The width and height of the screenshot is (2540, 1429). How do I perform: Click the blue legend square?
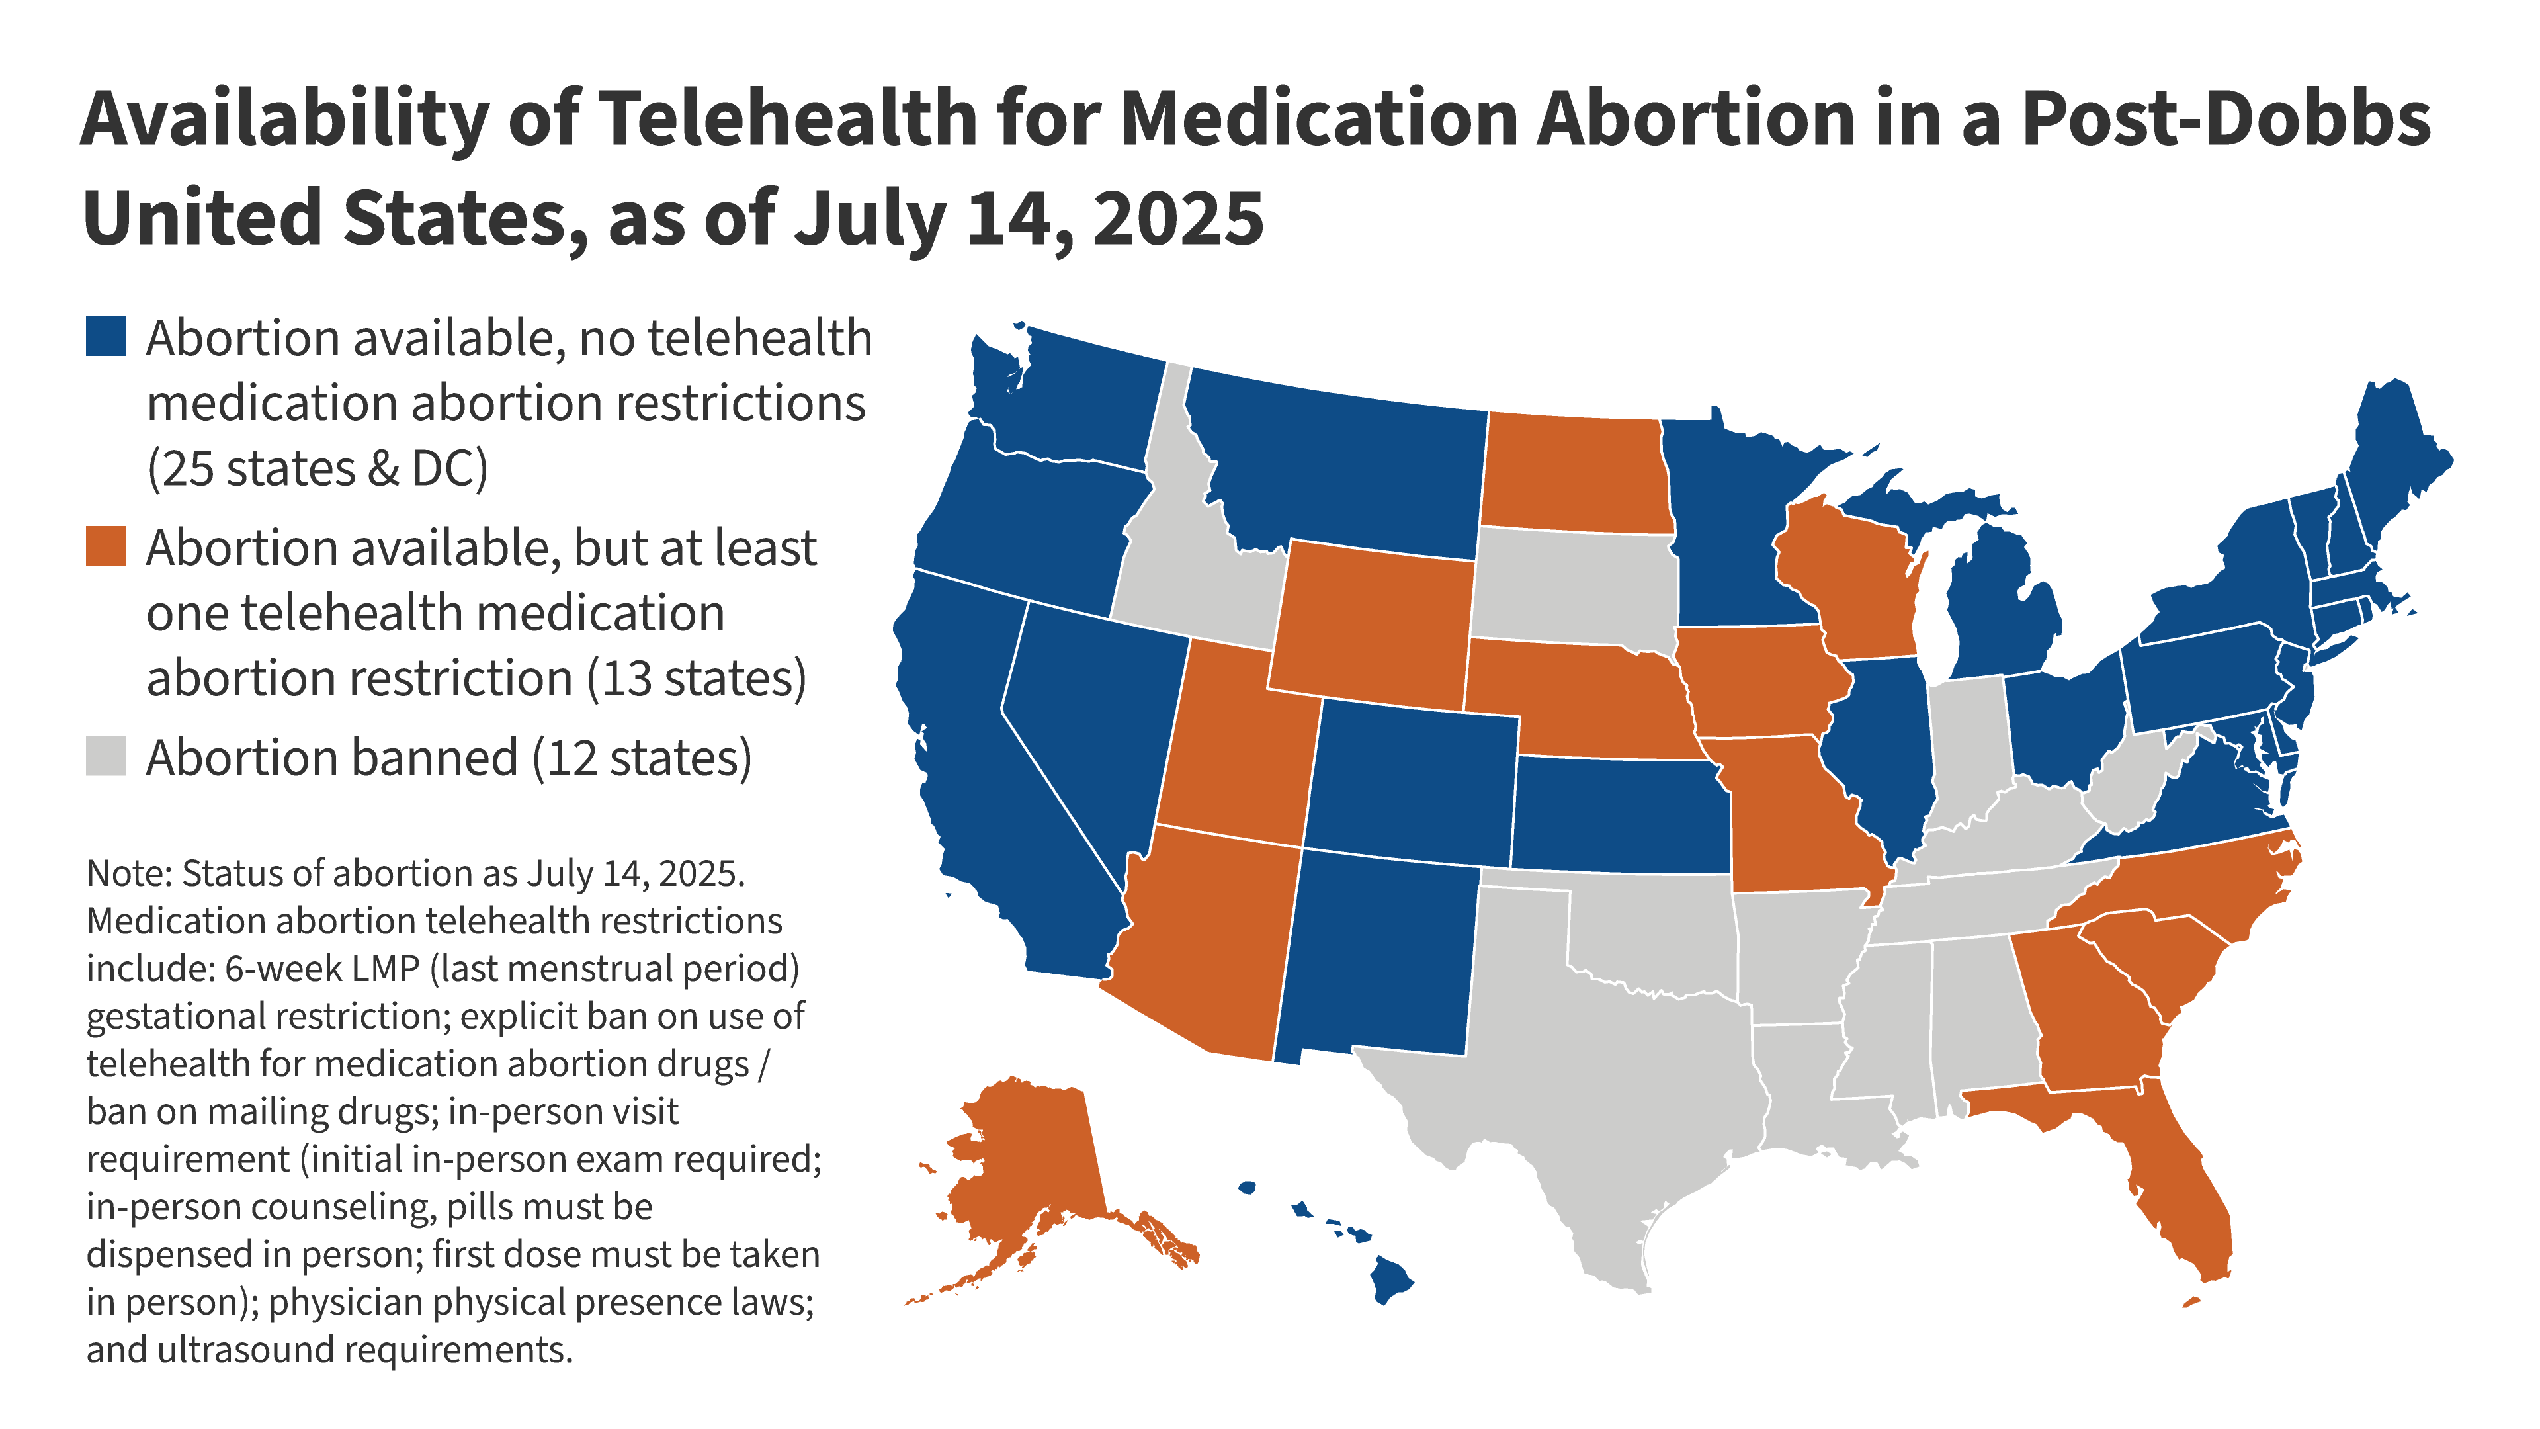[106, 335]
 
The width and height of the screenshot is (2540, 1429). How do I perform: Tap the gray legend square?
[106, 756]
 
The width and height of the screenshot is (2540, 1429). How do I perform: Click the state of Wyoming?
[1371, 627]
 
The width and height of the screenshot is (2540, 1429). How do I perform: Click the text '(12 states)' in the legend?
[642, 758]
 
